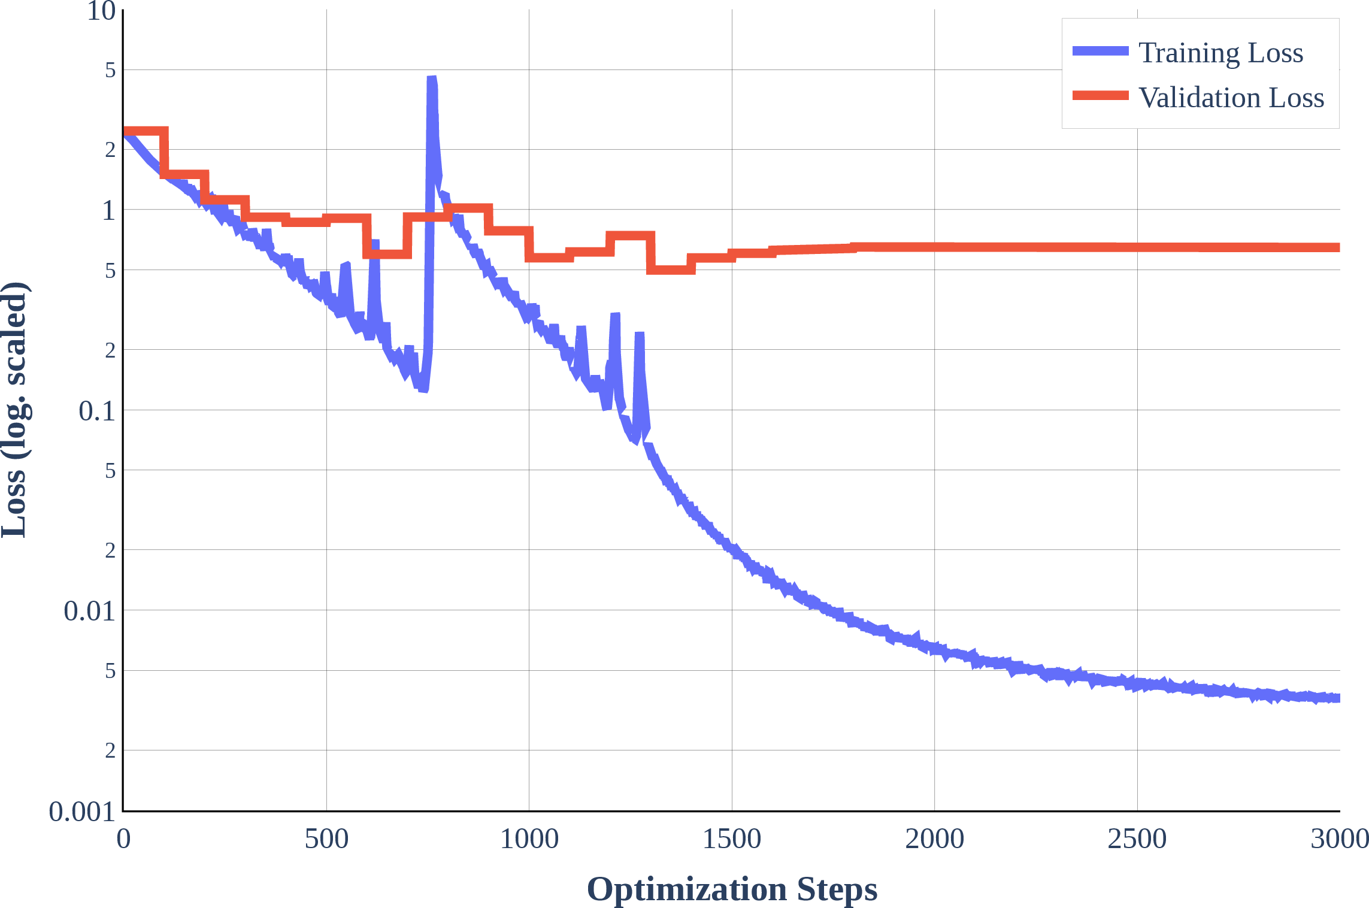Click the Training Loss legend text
1220,53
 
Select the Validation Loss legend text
1231,98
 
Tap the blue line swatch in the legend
1101,51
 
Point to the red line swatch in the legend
1101,95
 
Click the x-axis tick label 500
326,839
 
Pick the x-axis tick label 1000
529,839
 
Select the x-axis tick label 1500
732,839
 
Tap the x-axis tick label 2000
934,839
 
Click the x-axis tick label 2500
1137,839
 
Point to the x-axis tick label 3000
1340,839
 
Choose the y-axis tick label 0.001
82,812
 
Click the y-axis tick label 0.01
90,612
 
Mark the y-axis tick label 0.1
97,411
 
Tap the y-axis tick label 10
101,11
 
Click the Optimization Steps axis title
732,889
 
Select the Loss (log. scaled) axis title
14,410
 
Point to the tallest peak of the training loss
432,77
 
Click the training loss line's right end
1339,698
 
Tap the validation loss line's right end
1339,247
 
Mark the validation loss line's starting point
124,131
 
